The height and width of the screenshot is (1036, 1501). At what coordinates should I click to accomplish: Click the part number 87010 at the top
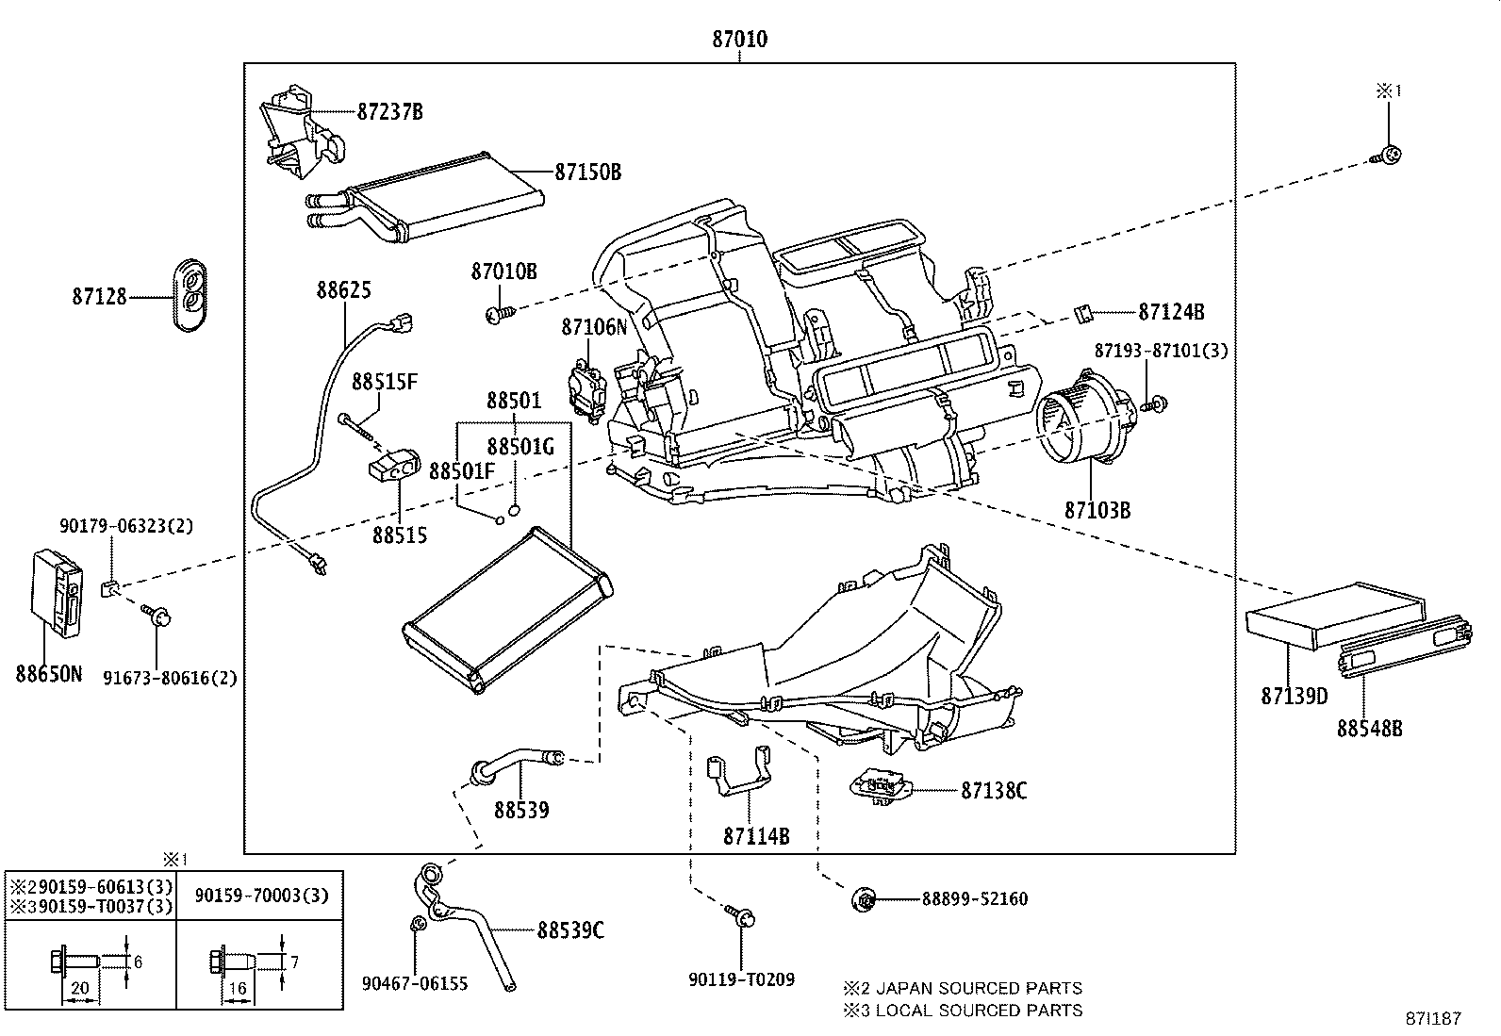pyautogui.click(x=739, y=40)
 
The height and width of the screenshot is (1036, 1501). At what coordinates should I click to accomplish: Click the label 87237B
pyautogui.click(x=389, y=111)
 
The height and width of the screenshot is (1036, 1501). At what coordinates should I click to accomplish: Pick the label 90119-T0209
pyautogui.click(x=741, y=979)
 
